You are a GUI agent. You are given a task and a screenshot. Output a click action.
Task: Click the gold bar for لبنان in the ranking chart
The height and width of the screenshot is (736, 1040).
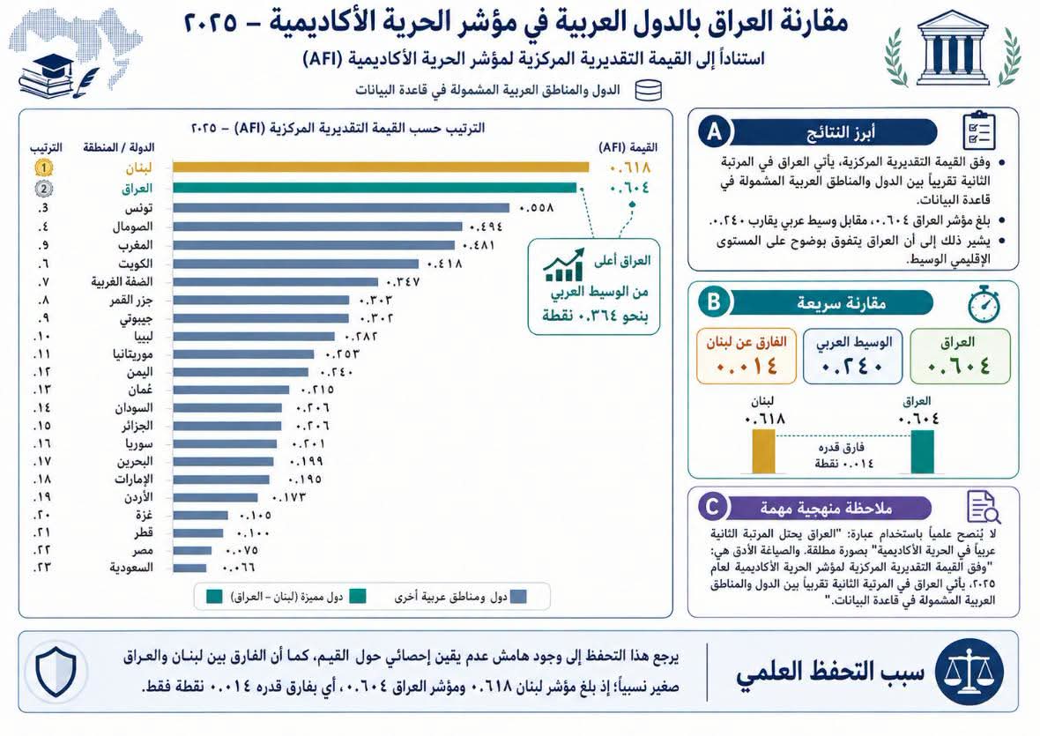point(381,167)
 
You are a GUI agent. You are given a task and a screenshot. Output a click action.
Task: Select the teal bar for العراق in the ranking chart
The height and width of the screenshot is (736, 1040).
point(375,189)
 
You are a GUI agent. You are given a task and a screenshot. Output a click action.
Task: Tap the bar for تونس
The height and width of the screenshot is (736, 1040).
point(341,208)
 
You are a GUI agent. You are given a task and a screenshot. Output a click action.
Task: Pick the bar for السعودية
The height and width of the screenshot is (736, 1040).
point(189,568)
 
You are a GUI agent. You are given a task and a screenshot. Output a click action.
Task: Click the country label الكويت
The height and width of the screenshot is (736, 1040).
point(136,264)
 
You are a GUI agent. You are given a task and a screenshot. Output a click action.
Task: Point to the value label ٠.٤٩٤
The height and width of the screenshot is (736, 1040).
point(486,227)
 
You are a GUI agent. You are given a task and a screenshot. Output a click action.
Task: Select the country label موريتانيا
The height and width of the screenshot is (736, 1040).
point(133,354)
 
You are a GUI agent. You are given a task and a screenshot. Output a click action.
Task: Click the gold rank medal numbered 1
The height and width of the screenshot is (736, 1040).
point(44,167)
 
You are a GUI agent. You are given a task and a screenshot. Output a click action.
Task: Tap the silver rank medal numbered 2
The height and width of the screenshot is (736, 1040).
point(44,189)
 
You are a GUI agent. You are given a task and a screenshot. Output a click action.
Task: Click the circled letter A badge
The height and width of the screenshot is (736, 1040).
point(714,131)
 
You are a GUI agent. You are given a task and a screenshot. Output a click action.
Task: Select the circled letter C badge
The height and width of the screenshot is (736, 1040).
point(712,508)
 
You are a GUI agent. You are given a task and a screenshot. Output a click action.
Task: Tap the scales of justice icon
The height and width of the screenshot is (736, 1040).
point(969,671)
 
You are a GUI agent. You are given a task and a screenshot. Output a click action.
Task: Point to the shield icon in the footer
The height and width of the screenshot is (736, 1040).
point(55,671)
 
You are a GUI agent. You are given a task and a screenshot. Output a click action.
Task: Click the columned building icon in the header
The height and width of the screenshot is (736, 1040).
point(953,47)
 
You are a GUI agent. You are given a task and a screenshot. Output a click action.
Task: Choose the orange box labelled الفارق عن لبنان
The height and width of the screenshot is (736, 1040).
point(747,356)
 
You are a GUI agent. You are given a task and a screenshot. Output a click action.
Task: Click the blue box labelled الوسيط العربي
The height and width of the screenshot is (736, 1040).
point(853,356)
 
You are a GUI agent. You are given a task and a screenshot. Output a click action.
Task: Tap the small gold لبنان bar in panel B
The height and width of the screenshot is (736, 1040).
point(763,451)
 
